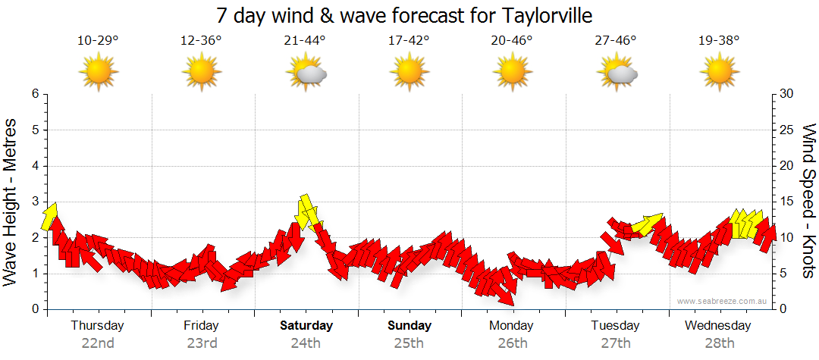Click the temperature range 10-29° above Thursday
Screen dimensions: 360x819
(x=98, y=40)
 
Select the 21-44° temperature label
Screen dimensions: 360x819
(x=305, y=40)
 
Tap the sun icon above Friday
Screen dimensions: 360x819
(x=201, y=73)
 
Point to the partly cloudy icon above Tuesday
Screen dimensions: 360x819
(x=617, y=74)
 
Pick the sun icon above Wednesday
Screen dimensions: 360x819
(x=719, y=73)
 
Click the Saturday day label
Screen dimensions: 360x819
(x=306, y=326)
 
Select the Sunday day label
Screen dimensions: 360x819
(x=409, y=326)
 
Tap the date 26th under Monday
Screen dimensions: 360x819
(x=512, y=343)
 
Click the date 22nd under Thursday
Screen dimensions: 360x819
(x=98, y=343)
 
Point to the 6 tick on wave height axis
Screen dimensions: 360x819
(x=35, y=94)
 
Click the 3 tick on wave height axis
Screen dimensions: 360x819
(x=35, y=202)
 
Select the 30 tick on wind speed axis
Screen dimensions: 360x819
(x=788, y=94)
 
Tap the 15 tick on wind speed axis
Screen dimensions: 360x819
(x=788, y=202)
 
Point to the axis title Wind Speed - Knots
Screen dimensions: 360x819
(x=808, y=202)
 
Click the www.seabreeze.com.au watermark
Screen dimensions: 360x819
(x=723, y=301)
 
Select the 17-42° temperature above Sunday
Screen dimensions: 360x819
(x=409, y=40)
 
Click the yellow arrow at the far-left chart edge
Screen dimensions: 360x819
(x=50, y=216)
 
